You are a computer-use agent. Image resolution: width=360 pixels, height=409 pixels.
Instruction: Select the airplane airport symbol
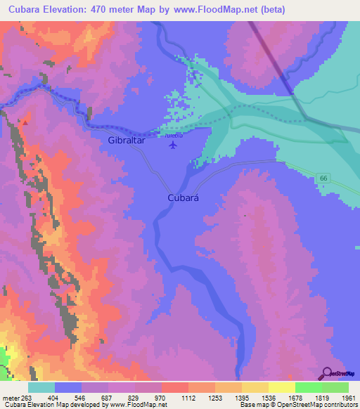click(x=172, y=145)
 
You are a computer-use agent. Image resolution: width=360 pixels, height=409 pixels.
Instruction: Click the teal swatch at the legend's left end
click(x=41, y=387)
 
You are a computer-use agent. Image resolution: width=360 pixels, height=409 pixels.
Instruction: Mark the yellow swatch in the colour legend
click(x=281, y=387)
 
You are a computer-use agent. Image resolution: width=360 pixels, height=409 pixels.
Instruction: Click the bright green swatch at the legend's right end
click(x=335, y=387)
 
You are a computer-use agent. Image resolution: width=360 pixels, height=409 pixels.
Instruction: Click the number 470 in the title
click(x=105, y=9)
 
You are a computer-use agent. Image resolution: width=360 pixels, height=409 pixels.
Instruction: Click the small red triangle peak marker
click(x=25, y=122)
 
